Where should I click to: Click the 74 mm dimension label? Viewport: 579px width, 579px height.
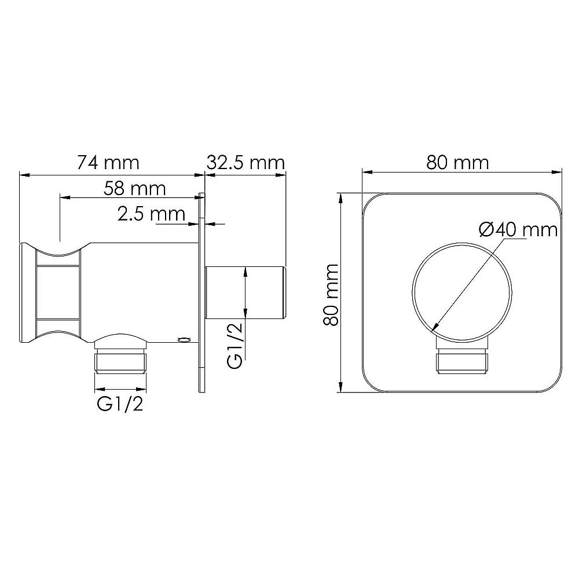(x=108, y=163)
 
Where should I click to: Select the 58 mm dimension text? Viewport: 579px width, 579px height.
(x=134, y=188)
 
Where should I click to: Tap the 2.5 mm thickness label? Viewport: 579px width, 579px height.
(x=151, y=214)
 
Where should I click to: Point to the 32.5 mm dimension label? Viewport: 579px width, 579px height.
(x=246, y=163)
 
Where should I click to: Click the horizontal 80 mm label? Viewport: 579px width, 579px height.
(x=457, y=163)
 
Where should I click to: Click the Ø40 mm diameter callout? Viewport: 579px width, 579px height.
(x=518, y=230)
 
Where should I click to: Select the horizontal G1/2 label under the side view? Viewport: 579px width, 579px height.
(x=120, y=404)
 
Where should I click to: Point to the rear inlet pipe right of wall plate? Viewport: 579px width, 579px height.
(x=246, y=292)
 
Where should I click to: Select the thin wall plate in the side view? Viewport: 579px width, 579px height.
(x=201, y=292)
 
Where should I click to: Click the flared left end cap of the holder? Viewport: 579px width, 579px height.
(x=28, y=292)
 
